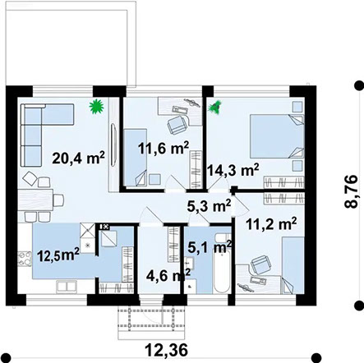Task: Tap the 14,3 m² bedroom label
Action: click(234, 170)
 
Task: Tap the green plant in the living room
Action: click(96, 105)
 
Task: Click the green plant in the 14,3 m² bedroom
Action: click(218, 106)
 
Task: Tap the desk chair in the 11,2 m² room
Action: click(259, 264)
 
